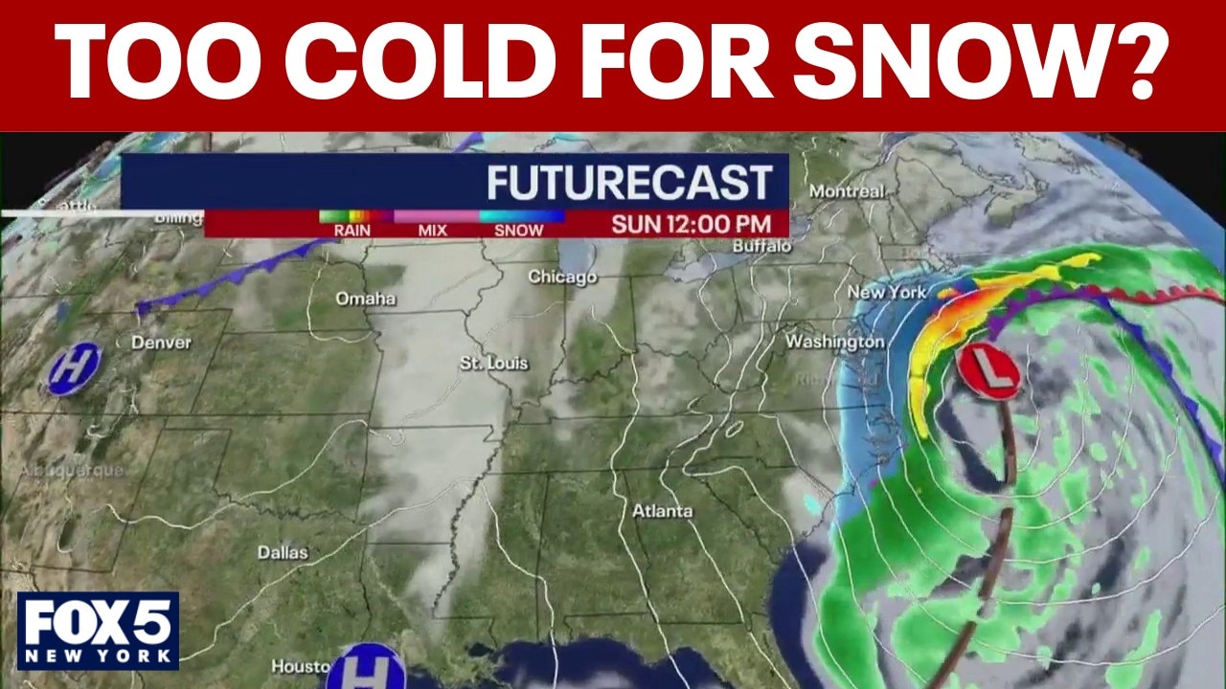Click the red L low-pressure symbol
989,372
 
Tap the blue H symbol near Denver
74,368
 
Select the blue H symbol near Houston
352,668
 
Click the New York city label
887,292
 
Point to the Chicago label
562,278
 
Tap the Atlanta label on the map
662,511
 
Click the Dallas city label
283,552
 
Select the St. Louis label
494,364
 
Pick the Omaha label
365,299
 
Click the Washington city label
834,342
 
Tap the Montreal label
847,191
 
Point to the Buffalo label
762,246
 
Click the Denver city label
161,342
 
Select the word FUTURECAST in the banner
629,183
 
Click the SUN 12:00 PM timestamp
692,225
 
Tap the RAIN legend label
352,231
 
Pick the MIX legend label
433,231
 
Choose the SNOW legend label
518,231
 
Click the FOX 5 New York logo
98,631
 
